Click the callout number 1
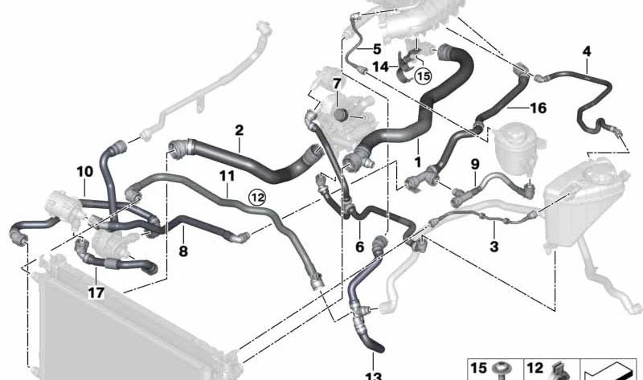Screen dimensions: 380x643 pos(418,163)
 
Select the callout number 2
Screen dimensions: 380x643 pos(239,129)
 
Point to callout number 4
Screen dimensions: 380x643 pos(587,52)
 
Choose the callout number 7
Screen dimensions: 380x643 pos(338,83)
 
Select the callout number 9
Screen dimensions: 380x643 pos(475,164)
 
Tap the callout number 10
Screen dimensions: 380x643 pos(85,171)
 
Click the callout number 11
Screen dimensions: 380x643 pos(227,174)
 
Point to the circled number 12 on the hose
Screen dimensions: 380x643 pos(256,195)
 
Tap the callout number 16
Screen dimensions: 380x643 pos(538,105)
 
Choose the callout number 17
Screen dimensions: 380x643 pos(96,293)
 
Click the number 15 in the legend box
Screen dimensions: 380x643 pos(478,369)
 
